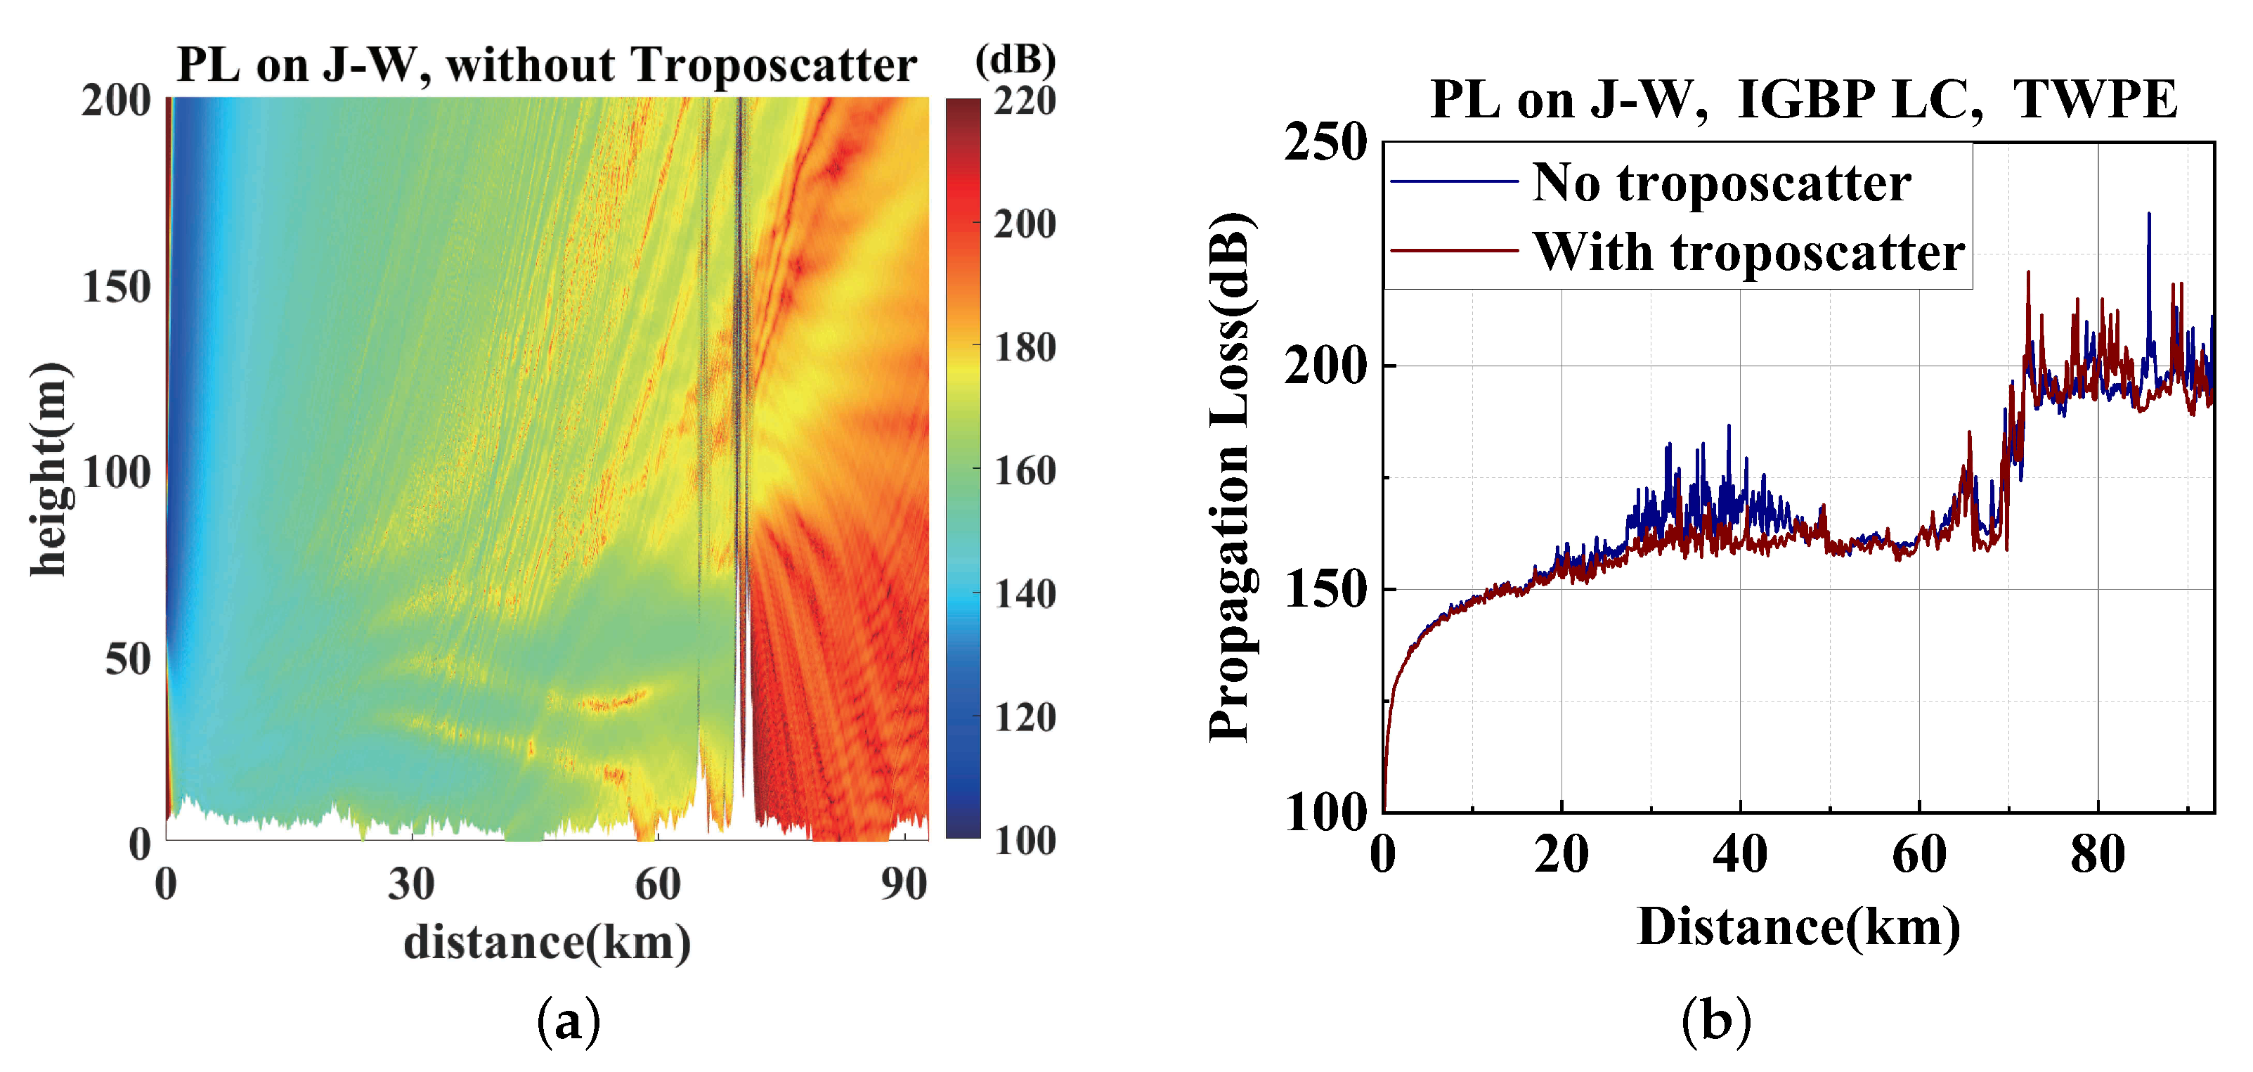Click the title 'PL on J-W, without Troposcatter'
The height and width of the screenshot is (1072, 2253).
(x=547, y=65)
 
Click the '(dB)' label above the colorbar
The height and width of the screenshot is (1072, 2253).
(x=1015, y=60)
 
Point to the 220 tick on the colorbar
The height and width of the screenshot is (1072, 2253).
(x=1024, y=101)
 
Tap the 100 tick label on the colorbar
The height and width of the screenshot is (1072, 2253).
(x=1024, y=841)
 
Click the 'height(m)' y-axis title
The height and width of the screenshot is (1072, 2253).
(x=49, y=469)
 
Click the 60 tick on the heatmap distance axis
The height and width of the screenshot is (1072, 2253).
(x=657, y=885)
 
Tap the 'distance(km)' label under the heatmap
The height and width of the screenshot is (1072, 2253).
(x=547, y=943)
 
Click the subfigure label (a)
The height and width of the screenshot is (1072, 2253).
(x=569, y=1021)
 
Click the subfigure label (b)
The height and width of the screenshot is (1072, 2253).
(x=1716, y=1021)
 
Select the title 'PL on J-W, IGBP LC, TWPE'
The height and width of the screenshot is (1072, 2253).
(x=1803, y=100)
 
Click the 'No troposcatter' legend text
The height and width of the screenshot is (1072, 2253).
(x=1721, y=183)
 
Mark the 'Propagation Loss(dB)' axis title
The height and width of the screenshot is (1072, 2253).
(x=1231, y=477)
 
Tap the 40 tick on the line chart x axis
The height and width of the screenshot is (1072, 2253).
(x=1739, y=855)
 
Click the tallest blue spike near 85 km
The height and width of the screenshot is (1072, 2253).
(x=2149, y=215)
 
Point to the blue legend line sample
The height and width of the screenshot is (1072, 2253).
(x=1453, y=181)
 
